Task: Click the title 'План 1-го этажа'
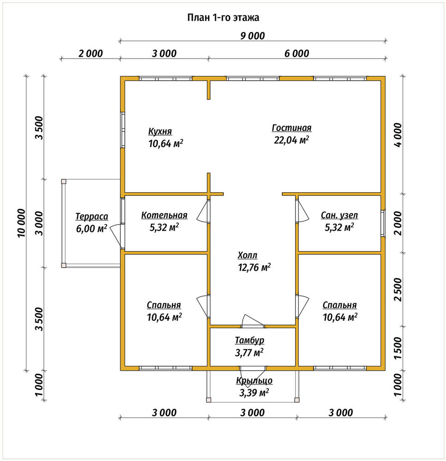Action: point(223,18)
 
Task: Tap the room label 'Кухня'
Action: point(160,131)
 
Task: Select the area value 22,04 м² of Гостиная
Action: point(291,140)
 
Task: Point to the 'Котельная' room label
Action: point(164,215)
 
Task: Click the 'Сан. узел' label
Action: point(339,215)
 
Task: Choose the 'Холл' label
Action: point(247,255)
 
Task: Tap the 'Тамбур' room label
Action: point(250,341)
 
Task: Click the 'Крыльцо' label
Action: point(254,381)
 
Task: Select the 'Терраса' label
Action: point(92,216)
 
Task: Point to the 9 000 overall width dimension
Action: point(253,36)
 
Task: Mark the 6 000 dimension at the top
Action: point(297,53)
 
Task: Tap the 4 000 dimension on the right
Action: point(398,135)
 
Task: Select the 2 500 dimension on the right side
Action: point(398,290)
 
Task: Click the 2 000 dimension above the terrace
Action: point(90,53)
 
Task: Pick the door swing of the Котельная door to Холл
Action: point(203,212)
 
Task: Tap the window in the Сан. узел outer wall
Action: point(383,223)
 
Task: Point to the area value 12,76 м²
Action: point(254,267)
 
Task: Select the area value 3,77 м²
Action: point(249,353)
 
